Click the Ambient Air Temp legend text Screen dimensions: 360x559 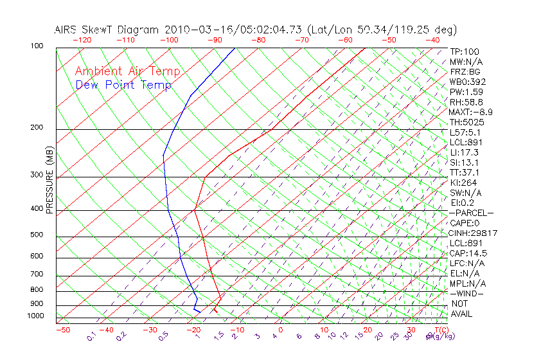[127, 72]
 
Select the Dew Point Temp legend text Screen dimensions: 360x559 [123, 85]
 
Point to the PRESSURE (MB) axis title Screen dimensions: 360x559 [49, 180]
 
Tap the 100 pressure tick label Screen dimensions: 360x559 [37, 46]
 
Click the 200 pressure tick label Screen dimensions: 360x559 [37, 128]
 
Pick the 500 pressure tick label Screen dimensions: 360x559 [37, 235]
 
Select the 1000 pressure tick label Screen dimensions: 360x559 [35, 316]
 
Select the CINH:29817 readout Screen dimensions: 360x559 [474, 233]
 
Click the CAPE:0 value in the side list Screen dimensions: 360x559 [466, 223]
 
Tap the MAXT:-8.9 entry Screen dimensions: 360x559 [471, 112]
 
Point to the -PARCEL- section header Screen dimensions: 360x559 [471, 213]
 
